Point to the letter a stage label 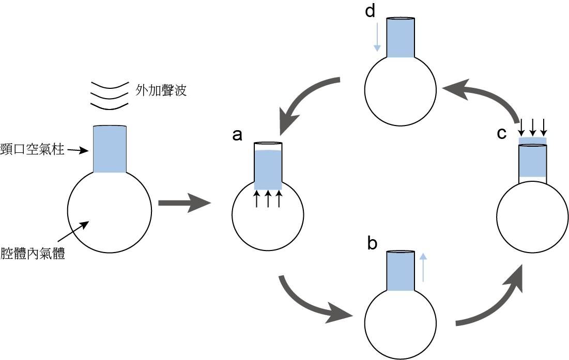(x=237, y=135)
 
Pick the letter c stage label (x=501, y=133)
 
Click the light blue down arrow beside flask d (x=377, y=36)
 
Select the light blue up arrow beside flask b (x=423, y=267)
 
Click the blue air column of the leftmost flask (x=110, y=149)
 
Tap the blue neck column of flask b (x=401, y=271)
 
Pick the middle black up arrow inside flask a (x=268, y=199)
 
